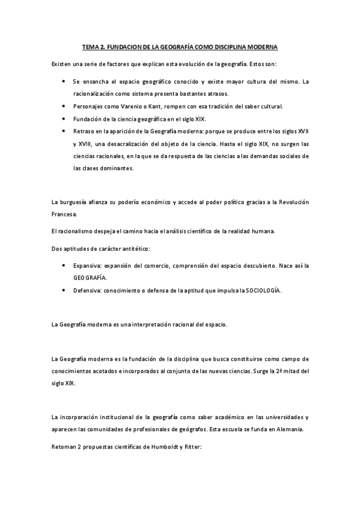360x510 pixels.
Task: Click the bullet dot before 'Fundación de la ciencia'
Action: click(64, 119)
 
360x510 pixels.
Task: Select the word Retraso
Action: click(84, 132)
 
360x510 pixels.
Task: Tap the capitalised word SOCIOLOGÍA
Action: click(263, 291)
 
